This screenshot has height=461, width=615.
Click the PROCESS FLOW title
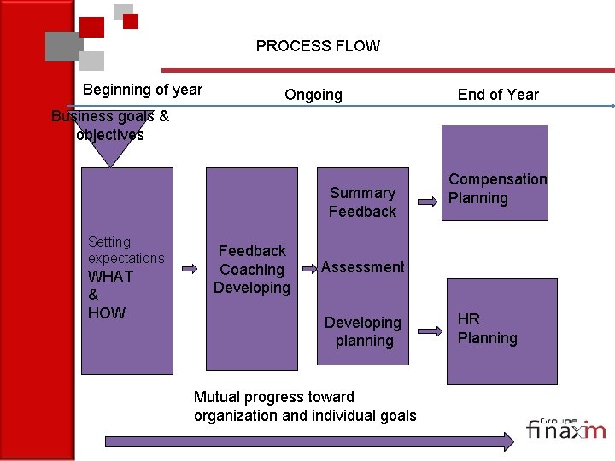(318, 46)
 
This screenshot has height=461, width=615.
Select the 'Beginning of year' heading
(143, 90)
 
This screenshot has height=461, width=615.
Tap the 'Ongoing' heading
(313, 95)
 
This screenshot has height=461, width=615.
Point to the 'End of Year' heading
(498, 95)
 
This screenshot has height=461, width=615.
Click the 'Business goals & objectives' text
(109, 125)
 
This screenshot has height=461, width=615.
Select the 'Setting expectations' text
(126, 250)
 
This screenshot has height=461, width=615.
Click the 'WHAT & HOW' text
(110, 295)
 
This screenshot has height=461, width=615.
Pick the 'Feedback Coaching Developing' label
(252, 269)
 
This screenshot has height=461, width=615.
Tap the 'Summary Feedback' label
(362, 202)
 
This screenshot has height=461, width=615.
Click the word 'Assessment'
(362, 267)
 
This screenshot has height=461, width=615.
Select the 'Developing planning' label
(363, 331)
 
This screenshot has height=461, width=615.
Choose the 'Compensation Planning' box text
(497, 189)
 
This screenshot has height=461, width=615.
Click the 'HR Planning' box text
(487, 329)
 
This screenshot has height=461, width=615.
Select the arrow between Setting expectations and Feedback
(190, 269)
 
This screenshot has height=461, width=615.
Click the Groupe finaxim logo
(565, 427)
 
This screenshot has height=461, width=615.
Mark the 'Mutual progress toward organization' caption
(305, 406)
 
